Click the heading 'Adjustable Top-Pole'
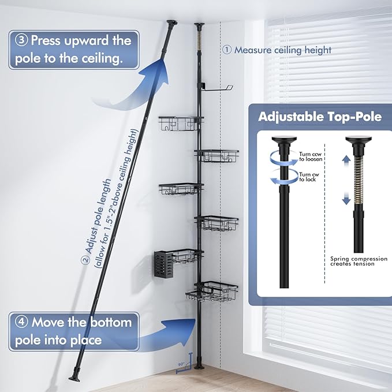pos(320,117)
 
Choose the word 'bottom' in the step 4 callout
pos(106,322)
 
